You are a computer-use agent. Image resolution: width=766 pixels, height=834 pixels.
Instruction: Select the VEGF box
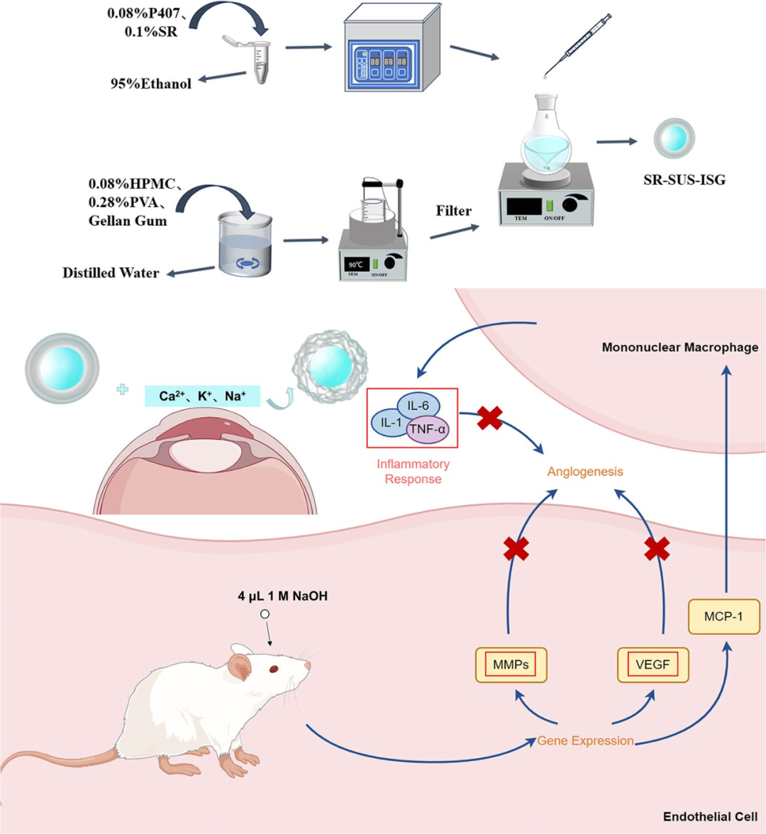[653, 665]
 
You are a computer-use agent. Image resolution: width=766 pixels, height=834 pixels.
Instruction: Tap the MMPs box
[510, 665]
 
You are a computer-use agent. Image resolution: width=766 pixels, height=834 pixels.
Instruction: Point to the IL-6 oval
[418, 406]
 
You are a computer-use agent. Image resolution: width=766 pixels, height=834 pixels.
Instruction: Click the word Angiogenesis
[585, 471]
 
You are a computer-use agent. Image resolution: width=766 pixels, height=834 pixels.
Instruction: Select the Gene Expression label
[585, 740]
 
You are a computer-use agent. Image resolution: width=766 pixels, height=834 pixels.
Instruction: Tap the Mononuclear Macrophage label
[679, 347]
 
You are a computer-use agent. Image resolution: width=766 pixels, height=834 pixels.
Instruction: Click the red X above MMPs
[516, 549]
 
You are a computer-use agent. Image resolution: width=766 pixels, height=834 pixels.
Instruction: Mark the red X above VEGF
[657, 549]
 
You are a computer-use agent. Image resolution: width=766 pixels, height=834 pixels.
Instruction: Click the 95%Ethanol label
[150, 84]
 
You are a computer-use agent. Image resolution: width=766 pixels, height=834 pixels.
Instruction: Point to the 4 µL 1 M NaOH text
[282, 596]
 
